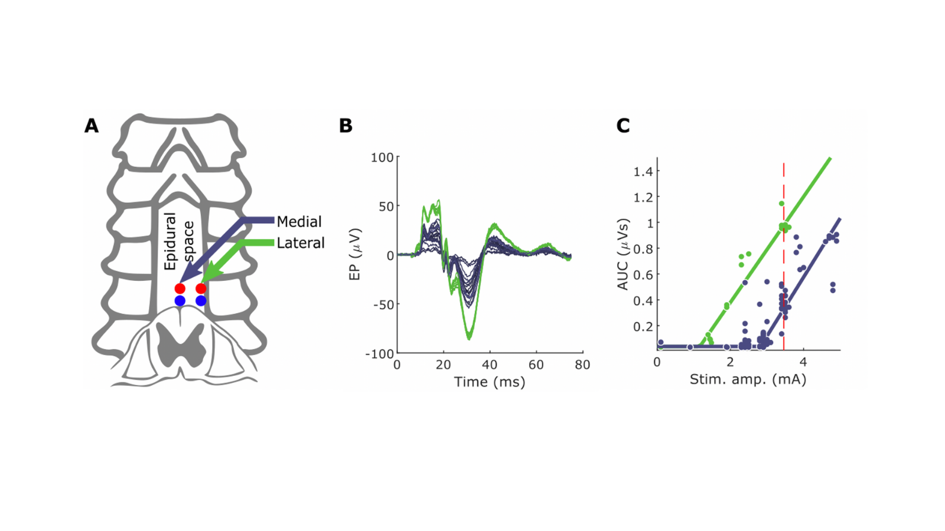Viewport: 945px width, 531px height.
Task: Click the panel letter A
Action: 92,126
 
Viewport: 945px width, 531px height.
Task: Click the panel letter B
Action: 346,126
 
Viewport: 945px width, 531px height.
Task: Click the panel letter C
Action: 623,126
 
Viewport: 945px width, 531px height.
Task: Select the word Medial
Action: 299,222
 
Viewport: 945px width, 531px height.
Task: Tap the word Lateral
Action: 301,243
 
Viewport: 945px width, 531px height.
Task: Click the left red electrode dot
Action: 180,289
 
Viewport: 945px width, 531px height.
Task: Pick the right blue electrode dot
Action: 201,301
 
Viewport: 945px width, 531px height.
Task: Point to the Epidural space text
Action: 179,241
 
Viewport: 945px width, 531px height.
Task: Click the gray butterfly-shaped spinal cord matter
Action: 181,345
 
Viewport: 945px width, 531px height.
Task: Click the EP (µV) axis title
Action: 354,254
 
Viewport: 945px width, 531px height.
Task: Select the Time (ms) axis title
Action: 490,382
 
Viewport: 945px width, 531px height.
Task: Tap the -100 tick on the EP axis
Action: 379,353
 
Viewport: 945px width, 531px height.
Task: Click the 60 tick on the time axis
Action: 536,365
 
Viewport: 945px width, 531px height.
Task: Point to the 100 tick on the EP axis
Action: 382,158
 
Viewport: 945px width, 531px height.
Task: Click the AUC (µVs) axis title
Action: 623,254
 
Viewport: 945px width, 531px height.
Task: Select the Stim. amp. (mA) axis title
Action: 748,379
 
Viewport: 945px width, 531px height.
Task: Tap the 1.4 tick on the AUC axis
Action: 646,172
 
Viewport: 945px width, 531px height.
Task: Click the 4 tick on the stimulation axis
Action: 803,362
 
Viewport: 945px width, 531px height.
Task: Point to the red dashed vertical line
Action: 784,265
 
